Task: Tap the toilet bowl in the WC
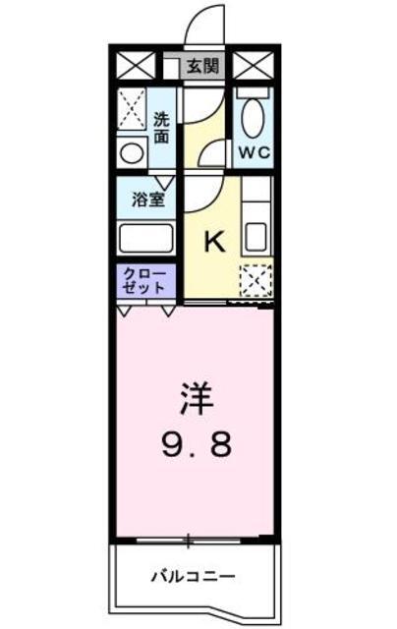coord(253,117)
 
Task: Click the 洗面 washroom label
coord(161,128)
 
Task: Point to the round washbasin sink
coord(132,153)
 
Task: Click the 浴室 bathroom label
coord(148,200)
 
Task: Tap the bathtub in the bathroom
coord(146,238)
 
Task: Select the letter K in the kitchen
coord(214,242)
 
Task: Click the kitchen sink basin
coord(256,237)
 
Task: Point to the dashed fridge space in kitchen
coord(255,281)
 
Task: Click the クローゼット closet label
coord(144,282)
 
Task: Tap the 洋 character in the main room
coord(197,399)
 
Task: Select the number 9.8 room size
coord(197,444)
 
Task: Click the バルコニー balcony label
coord(193,577)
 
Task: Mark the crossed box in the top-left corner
coord(136,66)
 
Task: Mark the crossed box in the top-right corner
coord(253,66)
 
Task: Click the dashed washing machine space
coord(132,109)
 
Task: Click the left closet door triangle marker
coord(124,312)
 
